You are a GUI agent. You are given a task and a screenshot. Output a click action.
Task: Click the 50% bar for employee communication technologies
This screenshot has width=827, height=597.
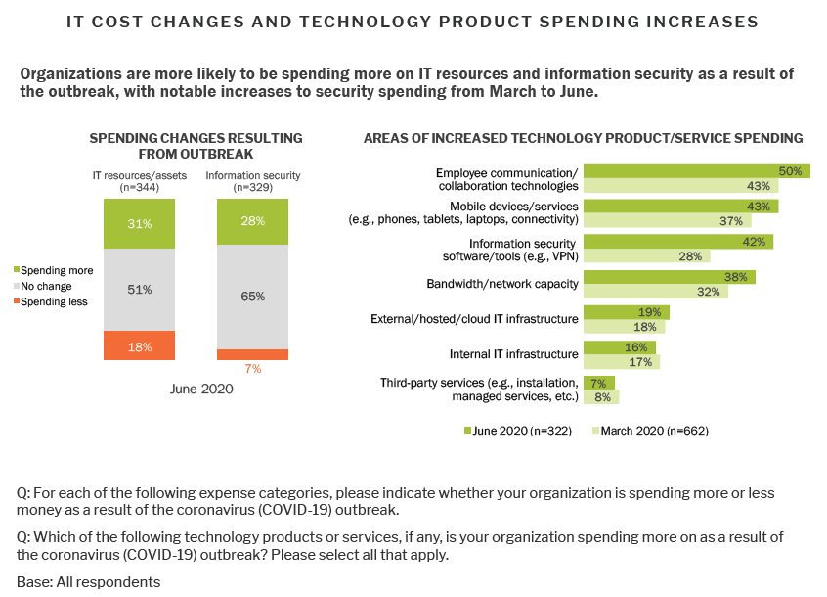click(x=696, y=171)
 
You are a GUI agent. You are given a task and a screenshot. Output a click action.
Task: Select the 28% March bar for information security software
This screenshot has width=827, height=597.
click(x=647, y=256)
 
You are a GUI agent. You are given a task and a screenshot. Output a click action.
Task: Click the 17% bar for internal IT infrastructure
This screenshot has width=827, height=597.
click(x=622, y=362)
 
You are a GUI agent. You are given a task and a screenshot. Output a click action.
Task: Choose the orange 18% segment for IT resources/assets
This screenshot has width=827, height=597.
click(x=139, y=345)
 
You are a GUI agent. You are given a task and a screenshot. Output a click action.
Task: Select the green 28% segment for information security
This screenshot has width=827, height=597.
click(x=252, y=222)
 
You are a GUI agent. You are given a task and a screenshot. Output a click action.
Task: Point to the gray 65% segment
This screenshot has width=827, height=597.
click(x=252, y=297)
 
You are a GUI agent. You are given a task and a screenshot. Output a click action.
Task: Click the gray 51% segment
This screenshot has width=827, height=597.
click(x=139, y=289)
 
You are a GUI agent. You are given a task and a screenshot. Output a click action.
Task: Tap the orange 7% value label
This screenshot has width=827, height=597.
click(x=253, y=369)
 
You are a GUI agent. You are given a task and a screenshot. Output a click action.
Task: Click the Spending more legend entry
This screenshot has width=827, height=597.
click(x=56, y=269)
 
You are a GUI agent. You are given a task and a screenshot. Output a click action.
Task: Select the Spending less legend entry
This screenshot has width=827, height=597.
click(x=55, y=301)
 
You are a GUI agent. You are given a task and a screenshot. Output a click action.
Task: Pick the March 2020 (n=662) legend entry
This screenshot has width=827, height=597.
click(x=651, y=431)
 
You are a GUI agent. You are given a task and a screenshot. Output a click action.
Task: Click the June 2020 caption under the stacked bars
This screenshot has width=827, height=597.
click(x=196, y=389)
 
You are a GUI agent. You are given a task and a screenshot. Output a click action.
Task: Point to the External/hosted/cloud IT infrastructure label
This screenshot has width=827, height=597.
click(x=474, y=319)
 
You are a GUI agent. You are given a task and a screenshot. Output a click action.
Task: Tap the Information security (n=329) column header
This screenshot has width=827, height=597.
click(x=252, y=181)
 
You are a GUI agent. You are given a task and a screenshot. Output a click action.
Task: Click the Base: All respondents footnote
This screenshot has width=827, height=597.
click(x=88, y=581)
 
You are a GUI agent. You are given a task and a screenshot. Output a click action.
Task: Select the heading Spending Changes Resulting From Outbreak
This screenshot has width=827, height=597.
click(x=196, y=146)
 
